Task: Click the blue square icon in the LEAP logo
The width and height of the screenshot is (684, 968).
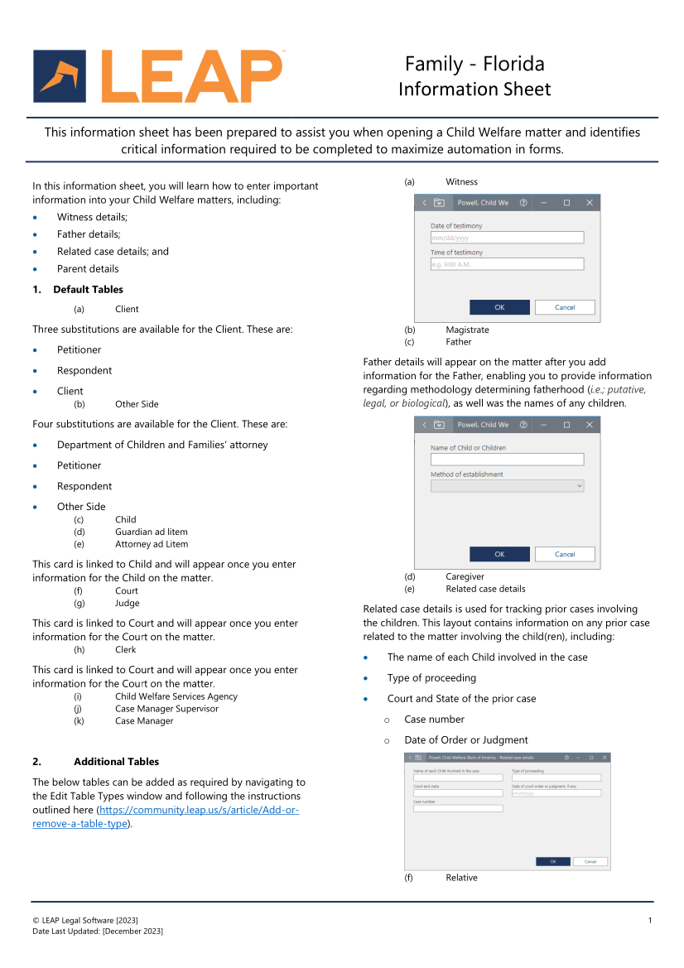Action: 60,76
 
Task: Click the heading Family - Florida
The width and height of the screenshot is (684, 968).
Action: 474,64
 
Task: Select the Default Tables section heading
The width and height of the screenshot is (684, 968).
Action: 88,290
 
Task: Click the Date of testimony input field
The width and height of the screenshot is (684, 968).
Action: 507,238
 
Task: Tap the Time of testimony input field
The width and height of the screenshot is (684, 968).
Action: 507,264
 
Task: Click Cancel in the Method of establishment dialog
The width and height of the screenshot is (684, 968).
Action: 565,554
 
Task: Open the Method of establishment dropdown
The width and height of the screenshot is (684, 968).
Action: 507,486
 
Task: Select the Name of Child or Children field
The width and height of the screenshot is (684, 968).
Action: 507,460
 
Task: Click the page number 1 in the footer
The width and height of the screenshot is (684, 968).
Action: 650,920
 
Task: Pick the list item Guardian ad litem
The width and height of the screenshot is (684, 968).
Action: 152,532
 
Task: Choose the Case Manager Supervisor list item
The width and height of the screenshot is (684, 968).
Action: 166,709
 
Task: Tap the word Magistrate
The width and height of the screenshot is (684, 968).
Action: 467,330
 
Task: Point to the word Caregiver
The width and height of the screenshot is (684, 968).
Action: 465,577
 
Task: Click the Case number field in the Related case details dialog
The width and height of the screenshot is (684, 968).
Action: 458,808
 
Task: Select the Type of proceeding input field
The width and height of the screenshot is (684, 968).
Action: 556,778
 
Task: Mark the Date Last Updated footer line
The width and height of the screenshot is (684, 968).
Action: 98,932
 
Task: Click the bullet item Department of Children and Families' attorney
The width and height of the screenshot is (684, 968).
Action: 162,445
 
